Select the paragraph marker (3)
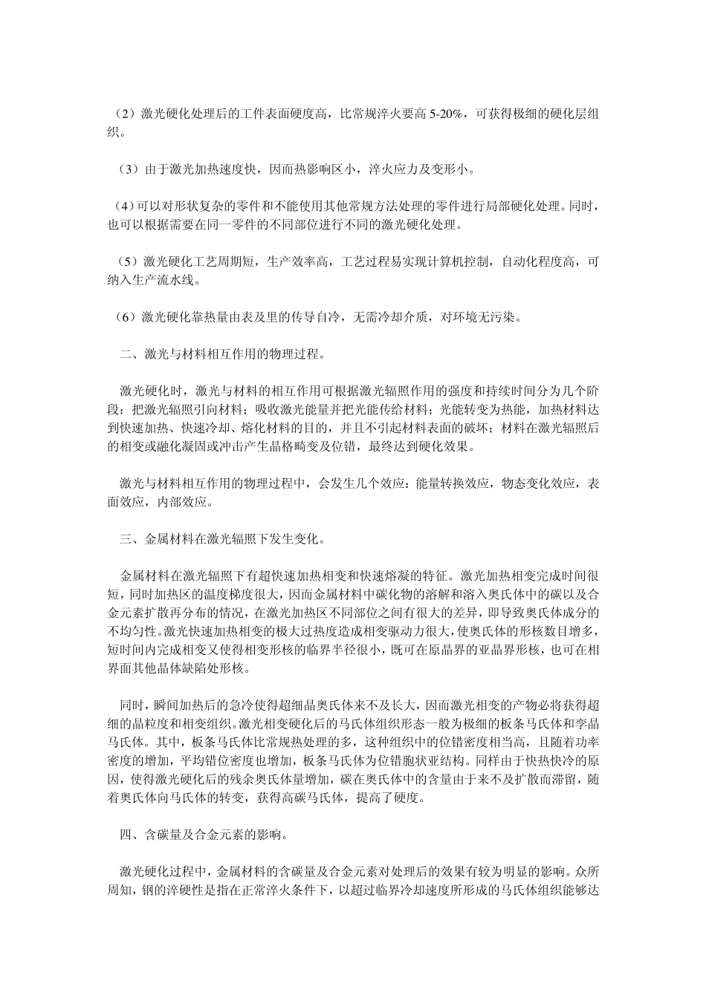coord(127,169)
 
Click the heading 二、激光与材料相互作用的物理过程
coord(223,353)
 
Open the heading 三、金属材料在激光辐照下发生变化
coord(223,538)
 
